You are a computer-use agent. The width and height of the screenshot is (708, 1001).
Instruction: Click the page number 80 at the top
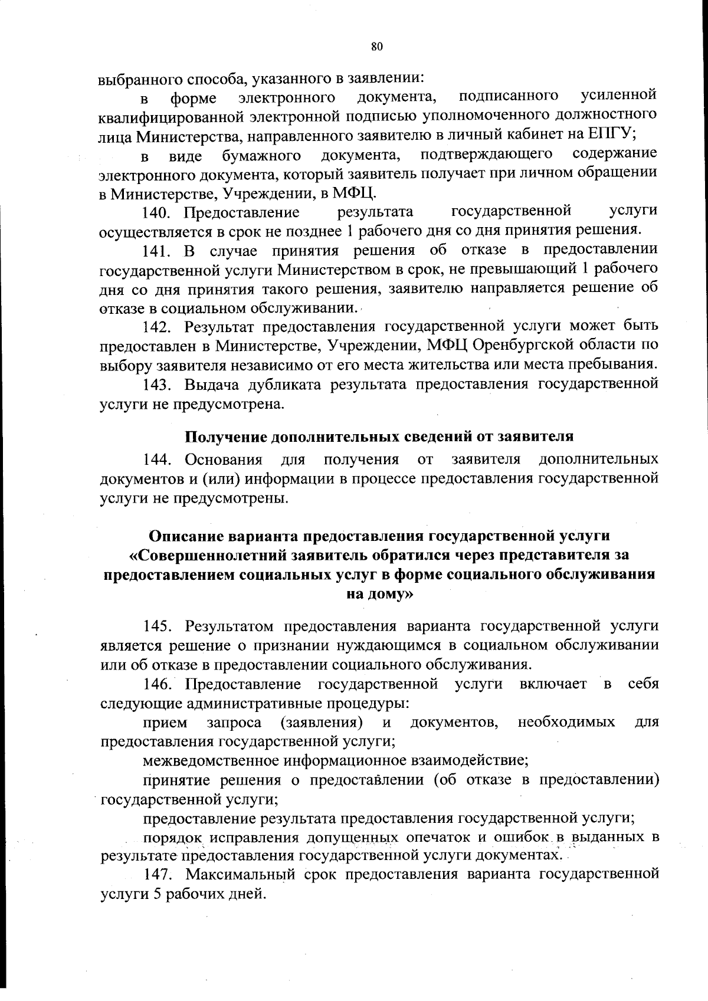[x=378, y=48]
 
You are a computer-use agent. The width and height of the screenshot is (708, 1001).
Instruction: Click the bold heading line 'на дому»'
[x=378, y=594]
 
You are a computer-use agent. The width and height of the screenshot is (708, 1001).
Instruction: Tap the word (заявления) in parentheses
[x=322, y=723]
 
